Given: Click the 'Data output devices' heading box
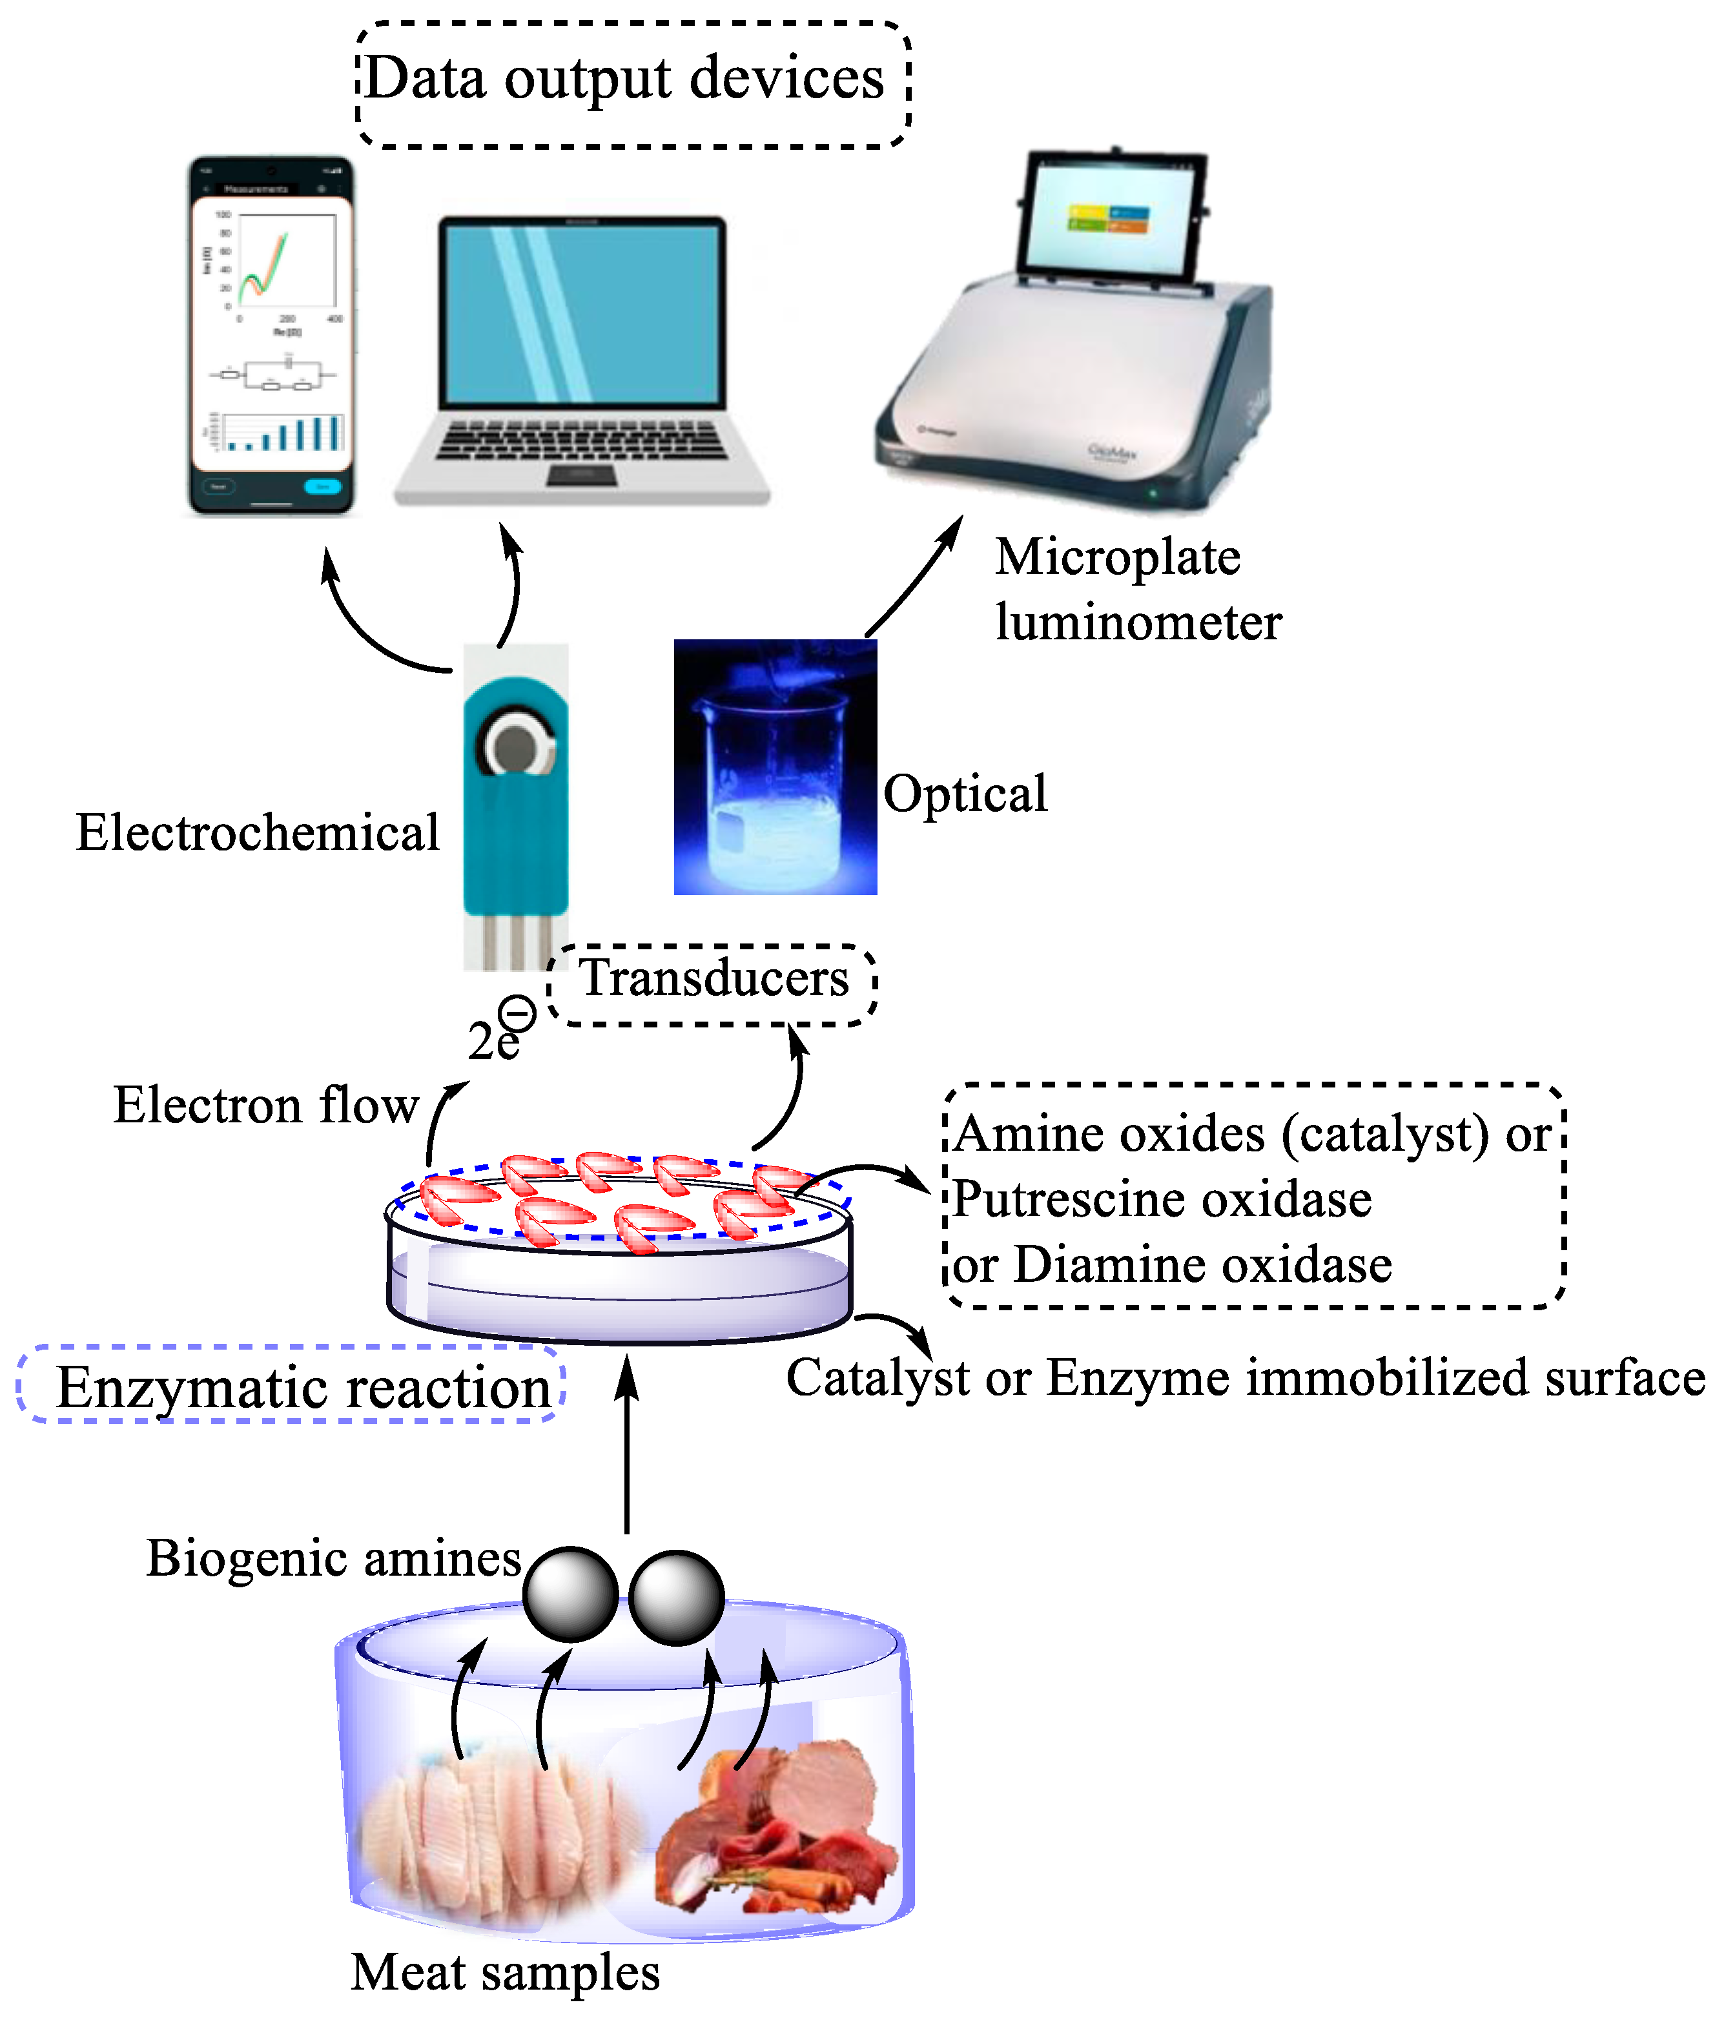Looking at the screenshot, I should click(x=633, y=83).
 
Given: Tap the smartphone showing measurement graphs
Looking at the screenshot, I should click(x=271, y=335).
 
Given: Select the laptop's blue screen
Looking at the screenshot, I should click(x=582, y=311).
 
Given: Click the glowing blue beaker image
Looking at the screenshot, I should click(x=774, y=767).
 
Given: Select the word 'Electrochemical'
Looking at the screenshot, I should click(x=258, y=833).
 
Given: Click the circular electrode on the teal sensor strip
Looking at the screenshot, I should click(x=515, y=749).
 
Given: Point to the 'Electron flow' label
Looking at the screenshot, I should click(x=265, y=1106).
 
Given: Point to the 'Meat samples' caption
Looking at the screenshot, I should click(x=505, y=1972).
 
